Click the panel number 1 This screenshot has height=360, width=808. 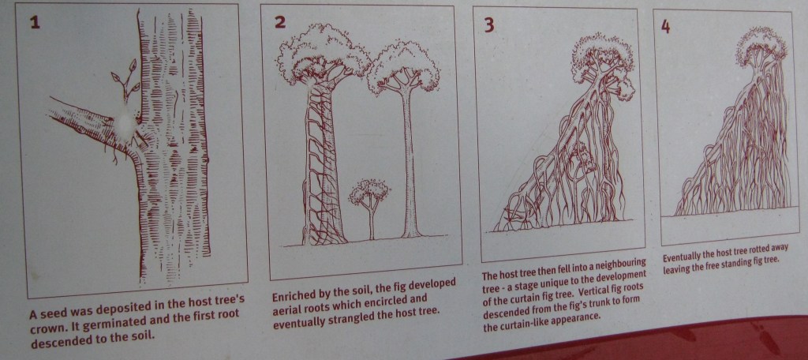pyautogui.click(x=35, y=22)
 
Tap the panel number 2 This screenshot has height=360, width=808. pyautogui.click(x=280, y=21)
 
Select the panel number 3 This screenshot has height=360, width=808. pyautogui.click(x=488, y=24)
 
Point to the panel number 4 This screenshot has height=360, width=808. pyautogui.click(x=666, y=27)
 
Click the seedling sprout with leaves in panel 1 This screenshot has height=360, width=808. pyautogui.click(x=125, y=84)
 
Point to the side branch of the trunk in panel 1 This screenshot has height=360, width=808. pyautogui.click(x=88, y=124)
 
